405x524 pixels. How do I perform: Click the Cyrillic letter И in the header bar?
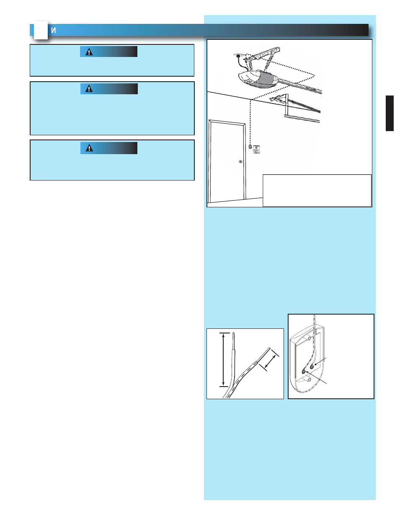[54, 31]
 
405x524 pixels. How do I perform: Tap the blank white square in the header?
[41, 30]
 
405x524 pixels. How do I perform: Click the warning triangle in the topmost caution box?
[89, 52]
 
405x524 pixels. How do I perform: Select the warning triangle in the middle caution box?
[89, 89]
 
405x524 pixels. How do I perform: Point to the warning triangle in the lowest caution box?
[89, 148]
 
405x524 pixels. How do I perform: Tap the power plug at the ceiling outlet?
[238, 56]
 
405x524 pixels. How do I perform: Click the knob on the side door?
[240, 162]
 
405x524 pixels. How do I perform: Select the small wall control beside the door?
[250, 147]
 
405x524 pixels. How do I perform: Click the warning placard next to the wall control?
[256, 149]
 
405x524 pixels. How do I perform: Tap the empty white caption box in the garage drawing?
[317, 191]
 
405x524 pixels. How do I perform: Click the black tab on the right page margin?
[390, 114]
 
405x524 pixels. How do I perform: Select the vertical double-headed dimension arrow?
[224, 359]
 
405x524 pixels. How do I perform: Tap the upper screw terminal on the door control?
[312, 367]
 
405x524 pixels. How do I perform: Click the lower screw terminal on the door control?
[304, 372]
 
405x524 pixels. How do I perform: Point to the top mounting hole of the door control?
[309, 338]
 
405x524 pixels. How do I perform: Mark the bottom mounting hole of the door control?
[309, 380]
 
